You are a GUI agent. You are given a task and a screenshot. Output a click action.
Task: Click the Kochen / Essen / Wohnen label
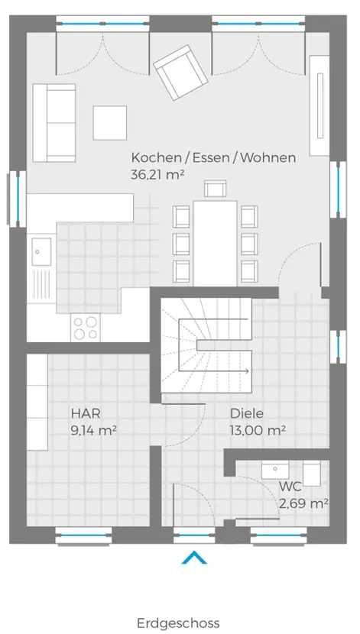coord(213,157)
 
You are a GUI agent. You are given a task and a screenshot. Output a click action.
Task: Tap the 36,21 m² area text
coord(157,175)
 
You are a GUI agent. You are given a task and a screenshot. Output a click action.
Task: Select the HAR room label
coord(86,414)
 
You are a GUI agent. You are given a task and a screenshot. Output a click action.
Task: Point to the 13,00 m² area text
coord(258,431)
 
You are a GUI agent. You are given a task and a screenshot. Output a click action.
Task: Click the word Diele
coord(247,414)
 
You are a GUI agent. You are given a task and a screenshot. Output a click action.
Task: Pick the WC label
coord(290,487)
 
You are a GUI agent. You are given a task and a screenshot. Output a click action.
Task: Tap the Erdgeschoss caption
coord(178,623)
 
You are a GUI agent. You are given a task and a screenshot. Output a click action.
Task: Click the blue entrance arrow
coord(194,557)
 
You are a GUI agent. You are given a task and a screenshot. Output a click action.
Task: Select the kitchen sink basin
coord(42,252)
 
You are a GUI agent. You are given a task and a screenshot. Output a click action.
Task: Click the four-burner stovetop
coord(86,328)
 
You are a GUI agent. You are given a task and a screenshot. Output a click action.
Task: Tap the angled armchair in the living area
coord(181,73)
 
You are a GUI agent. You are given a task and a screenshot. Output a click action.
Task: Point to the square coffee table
coord(109,123)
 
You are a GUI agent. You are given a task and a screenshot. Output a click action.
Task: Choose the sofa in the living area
coord(54,123)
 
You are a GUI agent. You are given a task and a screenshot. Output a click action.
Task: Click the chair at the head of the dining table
coord(216,189)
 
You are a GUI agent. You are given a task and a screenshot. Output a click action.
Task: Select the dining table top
coord(216,244)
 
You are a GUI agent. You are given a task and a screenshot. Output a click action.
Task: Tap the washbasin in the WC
coord(275,470)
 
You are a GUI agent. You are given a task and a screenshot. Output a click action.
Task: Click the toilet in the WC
coord(311,473)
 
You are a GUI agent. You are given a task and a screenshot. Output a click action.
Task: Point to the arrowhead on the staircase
coord(246,370)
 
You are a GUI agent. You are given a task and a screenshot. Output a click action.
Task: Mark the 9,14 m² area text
coord(94,431)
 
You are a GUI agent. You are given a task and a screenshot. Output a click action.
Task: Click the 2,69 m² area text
coord(303,504)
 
